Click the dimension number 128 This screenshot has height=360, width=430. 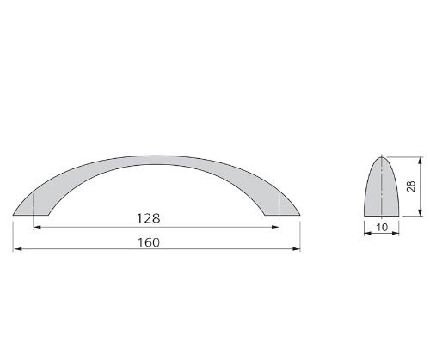tap(148, 218)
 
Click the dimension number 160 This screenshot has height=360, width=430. tap(149, 242)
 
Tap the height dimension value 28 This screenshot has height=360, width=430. tap(411, 186)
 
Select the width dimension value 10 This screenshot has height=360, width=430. tap(382, 228)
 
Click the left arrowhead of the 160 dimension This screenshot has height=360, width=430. tap(17, 249)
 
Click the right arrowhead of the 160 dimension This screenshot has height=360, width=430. tap(296, 249)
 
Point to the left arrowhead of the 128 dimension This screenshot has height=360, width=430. tap(38, 227)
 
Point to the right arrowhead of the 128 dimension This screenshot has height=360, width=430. tap(275, 227)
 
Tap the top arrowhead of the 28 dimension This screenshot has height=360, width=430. tap(421, 161)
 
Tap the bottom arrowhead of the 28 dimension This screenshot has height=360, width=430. tap(421, 211)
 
